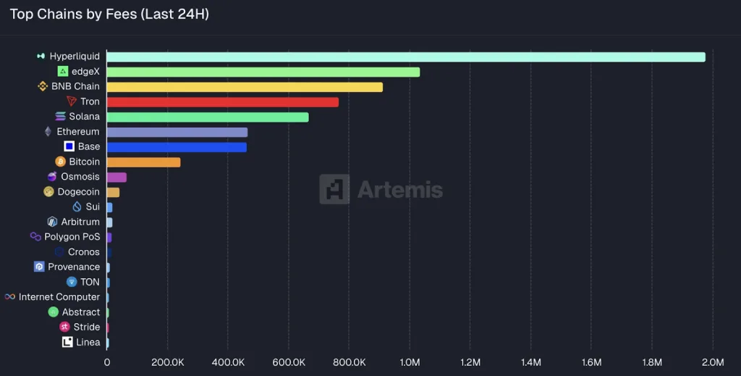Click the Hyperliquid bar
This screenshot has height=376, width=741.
(406, 57)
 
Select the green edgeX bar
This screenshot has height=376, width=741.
(263, 72)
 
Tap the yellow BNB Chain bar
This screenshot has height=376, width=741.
(245, 87)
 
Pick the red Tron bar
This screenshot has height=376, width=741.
(223, 102)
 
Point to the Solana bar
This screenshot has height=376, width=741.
(208, 117)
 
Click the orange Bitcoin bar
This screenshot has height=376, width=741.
(143, 162)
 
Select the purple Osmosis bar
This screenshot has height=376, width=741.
(117, 177)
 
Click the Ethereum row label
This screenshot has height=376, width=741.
(77, 132)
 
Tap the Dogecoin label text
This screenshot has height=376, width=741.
(78, 192)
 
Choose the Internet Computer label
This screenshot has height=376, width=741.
(59, 297)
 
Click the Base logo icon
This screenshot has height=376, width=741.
(69, 146)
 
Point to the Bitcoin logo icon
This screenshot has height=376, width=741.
(61, 162)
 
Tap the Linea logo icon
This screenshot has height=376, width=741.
(67, 342)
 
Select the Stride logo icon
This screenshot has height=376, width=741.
(64, 327)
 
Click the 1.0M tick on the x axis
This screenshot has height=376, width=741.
(410, 362)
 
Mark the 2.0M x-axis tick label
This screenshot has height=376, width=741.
(713, 362)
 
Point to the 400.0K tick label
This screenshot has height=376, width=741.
(228, 362)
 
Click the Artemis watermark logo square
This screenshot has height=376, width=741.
(334, 189)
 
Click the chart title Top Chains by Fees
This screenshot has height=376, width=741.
(109, 14)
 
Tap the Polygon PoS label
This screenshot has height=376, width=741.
(72, 237)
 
